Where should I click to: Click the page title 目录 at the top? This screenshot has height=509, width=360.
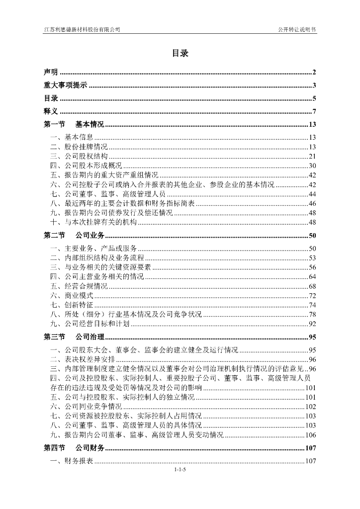click(x=180, y=53)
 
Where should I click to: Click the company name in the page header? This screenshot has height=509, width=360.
click(x=82, y=30)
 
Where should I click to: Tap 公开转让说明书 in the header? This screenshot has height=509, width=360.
click(x=297, y=30)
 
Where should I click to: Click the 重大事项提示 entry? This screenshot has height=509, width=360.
click(x=65, y=85)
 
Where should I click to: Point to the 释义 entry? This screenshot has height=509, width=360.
click(x=51, y=111)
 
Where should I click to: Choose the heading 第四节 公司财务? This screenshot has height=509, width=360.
click(x=74, y=448)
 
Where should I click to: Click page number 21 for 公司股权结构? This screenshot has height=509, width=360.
click(x=312, y=157)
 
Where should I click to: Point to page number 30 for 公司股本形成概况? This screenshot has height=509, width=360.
click(x=312, y=166)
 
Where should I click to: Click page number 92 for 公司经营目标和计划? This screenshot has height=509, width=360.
click(x=312, y=324)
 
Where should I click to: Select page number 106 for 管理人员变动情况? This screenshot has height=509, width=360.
click(x=311, y=435)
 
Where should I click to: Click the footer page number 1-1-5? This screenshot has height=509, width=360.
click(x=180, y=470)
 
